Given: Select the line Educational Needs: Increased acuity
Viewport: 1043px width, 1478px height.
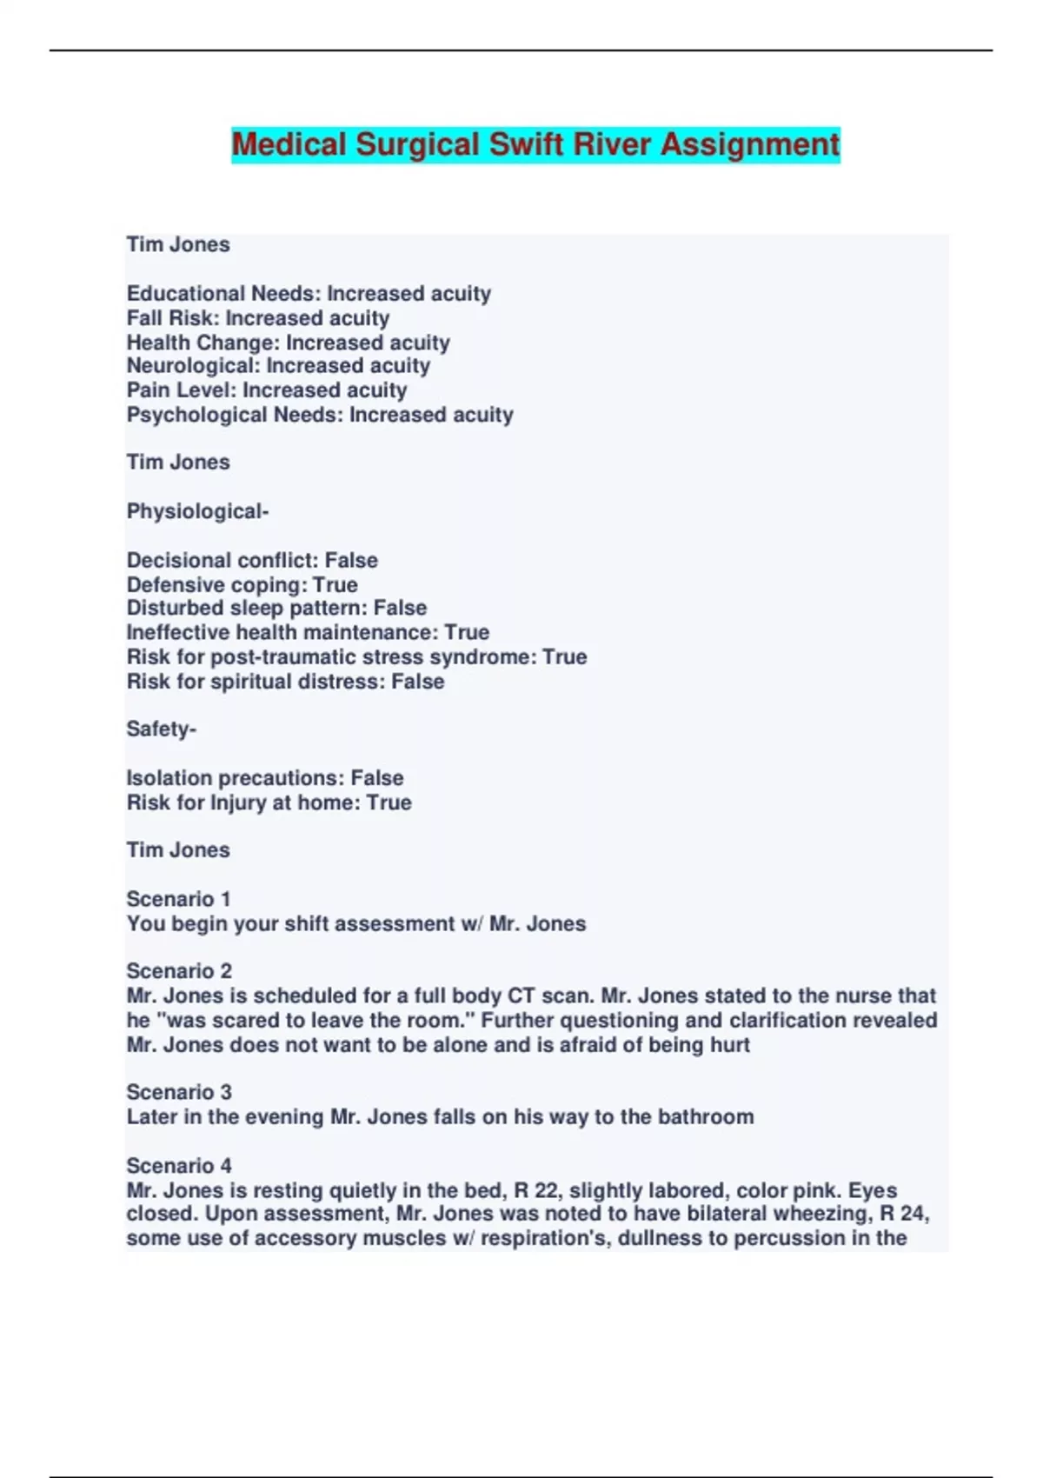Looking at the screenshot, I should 309,294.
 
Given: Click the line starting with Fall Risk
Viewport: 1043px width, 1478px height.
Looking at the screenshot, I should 258,318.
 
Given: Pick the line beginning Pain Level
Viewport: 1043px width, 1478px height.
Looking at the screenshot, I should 267,390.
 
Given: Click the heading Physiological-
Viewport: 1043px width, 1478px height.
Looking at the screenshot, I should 197,511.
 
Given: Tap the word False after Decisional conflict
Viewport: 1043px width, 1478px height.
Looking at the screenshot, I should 351,561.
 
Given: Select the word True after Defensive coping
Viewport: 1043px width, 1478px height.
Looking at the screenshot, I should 335,585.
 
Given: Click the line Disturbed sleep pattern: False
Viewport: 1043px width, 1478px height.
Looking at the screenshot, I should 276,608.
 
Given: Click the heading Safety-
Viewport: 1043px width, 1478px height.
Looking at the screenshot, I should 162,729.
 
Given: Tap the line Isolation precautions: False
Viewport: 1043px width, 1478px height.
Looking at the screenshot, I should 265,778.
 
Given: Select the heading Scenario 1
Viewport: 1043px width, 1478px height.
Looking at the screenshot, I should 179,899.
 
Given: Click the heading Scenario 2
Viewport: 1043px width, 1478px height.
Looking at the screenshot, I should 179,971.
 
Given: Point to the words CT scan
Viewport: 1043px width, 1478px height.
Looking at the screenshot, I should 548,995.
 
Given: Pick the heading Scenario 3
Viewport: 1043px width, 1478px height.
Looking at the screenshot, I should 179,1092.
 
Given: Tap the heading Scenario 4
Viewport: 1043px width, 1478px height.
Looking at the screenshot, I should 179,1165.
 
